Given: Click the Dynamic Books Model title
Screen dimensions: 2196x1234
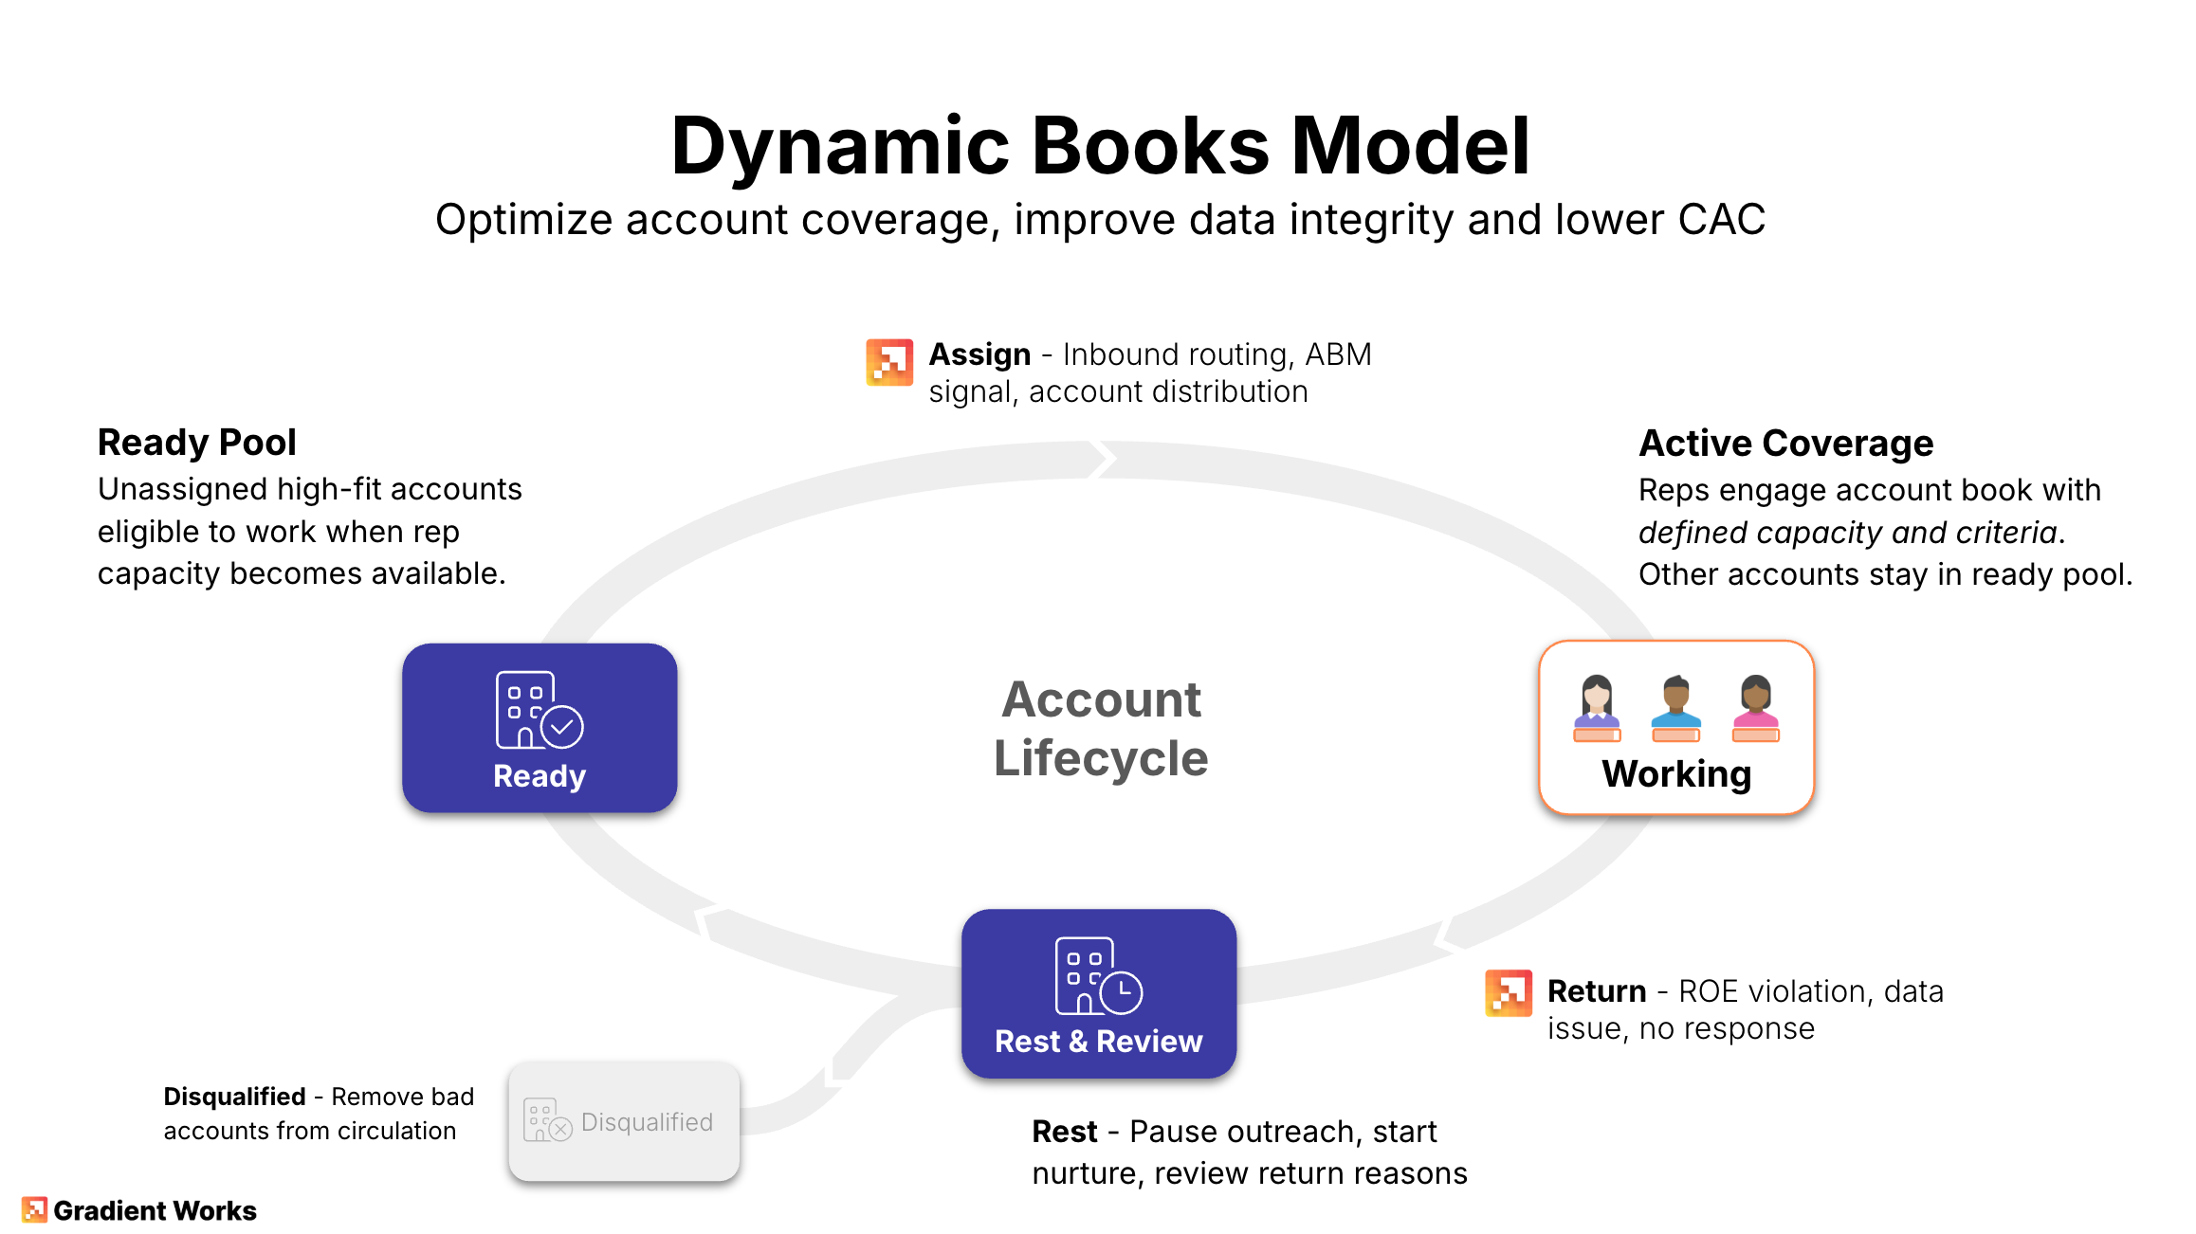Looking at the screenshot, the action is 1100,146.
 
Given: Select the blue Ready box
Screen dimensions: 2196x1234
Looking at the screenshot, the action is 540,728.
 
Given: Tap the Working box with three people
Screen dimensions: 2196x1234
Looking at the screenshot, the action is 1676,728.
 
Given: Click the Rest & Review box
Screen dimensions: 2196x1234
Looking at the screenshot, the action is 1099,993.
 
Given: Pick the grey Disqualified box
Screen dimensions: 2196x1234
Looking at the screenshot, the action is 624,1122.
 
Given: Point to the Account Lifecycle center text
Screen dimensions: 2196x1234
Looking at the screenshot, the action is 1101,728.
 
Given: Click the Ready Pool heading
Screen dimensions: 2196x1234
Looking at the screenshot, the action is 197,443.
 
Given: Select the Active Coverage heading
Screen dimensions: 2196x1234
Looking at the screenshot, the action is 1785,443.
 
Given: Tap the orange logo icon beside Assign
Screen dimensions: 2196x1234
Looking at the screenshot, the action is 889,362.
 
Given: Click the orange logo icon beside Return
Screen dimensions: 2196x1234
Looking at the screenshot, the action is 1509,992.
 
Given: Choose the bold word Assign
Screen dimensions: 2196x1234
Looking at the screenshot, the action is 979,354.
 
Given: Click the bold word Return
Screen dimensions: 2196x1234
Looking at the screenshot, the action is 1597,991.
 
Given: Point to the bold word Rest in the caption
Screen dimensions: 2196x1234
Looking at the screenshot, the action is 1064,1132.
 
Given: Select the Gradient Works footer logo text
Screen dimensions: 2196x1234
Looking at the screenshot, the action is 155,1210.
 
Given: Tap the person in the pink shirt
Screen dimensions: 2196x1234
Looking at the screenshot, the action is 1756,707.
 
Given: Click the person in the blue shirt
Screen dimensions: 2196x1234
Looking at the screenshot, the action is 1676,707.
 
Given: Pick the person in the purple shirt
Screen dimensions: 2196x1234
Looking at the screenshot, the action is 1597,707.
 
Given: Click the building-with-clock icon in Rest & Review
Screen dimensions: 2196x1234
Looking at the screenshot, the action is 1098,976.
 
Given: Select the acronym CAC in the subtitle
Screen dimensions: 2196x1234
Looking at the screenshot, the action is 1722,220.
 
